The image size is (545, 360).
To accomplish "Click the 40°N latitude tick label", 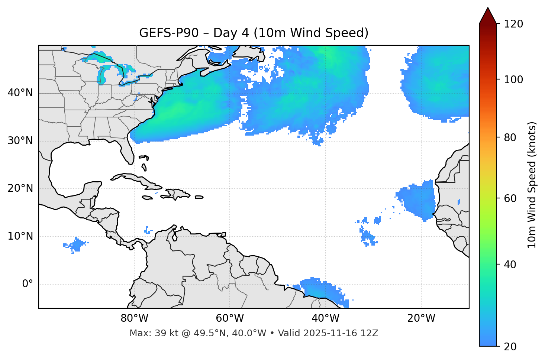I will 20,93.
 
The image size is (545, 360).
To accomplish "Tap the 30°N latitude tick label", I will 20,141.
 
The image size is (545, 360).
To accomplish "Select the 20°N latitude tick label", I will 20,188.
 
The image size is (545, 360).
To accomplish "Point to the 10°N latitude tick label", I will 20,236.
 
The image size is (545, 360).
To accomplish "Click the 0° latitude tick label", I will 28,284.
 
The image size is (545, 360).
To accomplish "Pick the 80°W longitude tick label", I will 134,318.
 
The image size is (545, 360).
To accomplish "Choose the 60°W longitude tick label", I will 230,318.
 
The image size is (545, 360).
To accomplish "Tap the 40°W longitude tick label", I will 325,318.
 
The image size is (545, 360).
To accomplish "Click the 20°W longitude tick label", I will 421,318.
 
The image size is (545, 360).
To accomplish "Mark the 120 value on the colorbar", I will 513,24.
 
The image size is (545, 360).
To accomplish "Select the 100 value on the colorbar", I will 513,80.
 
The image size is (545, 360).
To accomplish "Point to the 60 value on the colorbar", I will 511,198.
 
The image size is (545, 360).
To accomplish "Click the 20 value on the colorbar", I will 511,347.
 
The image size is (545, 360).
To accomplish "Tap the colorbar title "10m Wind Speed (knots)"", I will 532,185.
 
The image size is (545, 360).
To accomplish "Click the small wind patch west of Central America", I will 77,245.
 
